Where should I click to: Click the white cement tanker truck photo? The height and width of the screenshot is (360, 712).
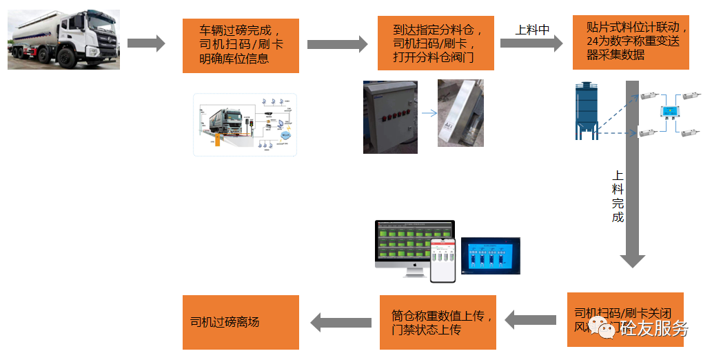(63, 39)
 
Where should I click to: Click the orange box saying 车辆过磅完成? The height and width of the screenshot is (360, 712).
(241, 46)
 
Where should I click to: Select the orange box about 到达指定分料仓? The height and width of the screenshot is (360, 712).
(436, 43)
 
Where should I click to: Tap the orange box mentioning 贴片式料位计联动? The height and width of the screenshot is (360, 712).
(631, 42)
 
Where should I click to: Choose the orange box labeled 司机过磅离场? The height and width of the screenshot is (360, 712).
(241, 322)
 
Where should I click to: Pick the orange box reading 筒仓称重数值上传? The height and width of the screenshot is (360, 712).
(438, 322)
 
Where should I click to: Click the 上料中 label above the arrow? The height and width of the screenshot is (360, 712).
(532, 30)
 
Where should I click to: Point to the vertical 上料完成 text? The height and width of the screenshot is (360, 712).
(618, 197)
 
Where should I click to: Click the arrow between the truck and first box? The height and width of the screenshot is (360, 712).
(146, 43)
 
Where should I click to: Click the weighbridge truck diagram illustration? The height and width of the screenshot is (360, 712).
(245, 124)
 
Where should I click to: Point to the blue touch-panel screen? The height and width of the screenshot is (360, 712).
(490, 256)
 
